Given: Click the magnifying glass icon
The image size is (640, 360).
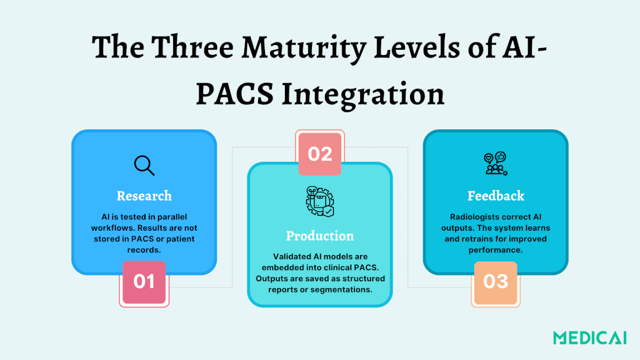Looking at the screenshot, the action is point(144,165).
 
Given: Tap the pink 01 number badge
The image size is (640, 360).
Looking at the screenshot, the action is point(144,282).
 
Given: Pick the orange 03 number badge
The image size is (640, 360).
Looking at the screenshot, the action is point(496,282).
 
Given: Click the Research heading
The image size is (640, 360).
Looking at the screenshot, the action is point(144,196).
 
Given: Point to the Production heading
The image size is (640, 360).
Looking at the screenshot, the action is point(320,236).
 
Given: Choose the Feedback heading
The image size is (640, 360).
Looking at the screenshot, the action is point(496,196).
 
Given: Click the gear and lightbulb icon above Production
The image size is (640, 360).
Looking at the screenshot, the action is point(320,201).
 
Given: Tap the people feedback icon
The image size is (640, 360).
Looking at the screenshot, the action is point(496,164).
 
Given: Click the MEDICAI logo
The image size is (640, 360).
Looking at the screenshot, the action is point(590,338).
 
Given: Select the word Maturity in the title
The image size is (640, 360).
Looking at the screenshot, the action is point(303,48).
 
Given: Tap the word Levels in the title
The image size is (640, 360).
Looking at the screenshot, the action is point(417,47).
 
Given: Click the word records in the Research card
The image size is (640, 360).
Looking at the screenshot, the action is point(144,250).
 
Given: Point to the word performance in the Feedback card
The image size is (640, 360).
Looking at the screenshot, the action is point(495,250).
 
